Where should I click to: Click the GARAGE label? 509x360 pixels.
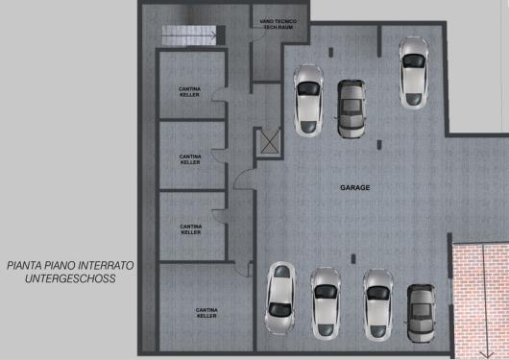point(354,187)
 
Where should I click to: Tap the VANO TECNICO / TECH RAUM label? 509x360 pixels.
point(278,24)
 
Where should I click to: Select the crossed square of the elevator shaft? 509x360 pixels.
point(270,142)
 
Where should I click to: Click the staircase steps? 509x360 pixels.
point(189,36)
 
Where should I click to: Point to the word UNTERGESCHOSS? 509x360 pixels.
point(70,278)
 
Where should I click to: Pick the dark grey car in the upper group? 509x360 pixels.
point(351,108)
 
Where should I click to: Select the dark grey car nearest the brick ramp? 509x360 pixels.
point(421,313)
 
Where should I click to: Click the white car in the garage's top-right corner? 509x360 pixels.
point(414,73)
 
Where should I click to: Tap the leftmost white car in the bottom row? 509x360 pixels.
point(280,298)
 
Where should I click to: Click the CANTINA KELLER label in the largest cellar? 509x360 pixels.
point(206,313)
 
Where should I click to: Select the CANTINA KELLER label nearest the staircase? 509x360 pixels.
point(189,92)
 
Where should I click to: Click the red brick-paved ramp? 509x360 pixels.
point(481,300)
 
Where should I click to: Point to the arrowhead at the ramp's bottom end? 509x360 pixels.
point(487,354)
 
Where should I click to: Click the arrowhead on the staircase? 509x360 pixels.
point(213,36)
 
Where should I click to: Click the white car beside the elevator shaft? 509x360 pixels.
point(308,100)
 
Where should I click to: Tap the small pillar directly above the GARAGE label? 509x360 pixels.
point(378,145)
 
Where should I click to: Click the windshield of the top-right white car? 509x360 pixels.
point(414,61)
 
